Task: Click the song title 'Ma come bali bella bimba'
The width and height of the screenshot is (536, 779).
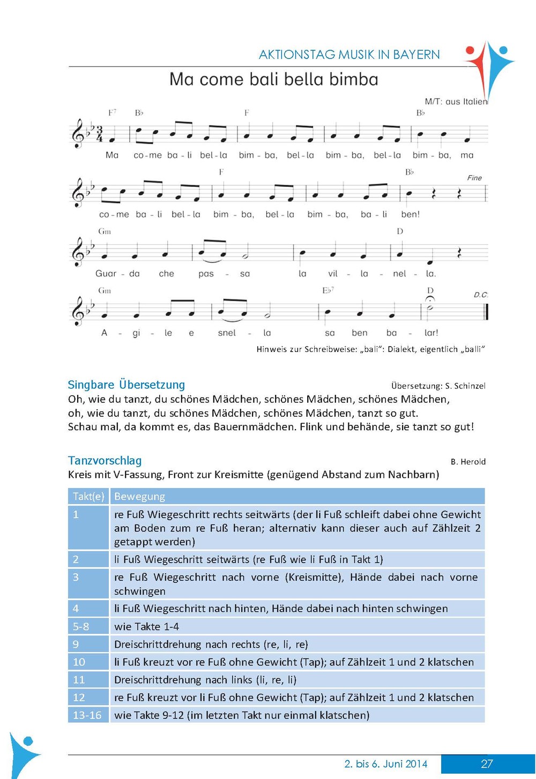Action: [274, 80]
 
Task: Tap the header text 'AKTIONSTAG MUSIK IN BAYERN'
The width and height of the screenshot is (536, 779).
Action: [349, 55]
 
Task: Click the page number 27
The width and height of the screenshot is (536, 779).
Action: [487, 764]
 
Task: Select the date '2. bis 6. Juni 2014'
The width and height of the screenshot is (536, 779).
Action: [386, 764]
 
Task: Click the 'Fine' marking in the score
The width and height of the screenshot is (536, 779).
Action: [474, 178]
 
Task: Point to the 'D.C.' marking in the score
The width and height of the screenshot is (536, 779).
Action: [481, 295]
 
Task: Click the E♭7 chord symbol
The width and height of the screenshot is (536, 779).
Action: [328, 290]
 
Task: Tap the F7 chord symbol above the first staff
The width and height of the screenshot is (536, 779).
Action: [112, 113]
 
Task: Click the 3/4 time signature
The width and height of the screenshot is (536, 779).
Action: [99, 134]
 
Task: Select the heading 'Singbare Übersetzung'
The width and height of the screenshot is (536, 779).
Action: [126, 385]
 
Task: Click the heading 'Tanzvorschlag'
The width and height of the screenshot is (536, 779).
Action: [105, 461]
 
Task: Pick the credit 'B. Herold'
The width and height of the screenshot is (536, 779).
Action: [468, 462]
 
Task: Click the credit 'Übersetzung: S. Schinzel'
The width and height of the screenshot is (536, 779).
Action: [438, 386]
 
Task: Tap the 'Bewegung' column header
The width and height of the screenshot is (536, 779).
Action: [139, 497]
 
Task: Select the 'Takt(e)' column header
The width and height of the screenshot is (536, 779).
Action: [88, 497]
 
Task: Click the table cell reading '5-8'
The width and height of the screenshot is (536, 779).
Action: [81, 626]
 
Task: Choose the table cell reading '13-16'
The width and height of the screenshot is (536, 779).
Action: [87, 715]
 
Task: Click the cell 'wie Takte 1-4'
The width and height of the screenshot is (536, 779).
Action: [147, 626]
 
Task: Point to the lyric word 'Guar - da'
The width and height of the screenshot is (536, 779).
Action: [117, 274]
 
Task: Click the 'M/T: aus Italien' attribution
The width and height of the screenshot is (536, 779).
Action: [456, 101]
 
